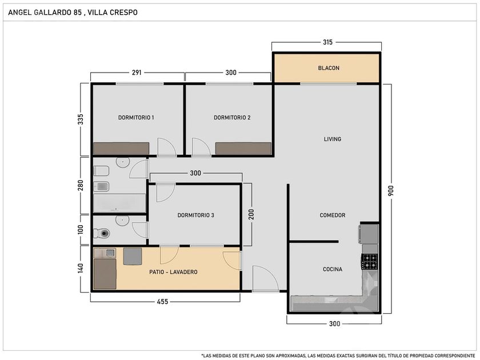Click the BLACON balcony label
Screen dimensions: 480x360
click(329, 68)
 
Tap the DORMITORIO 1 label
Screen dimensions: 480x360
click(136, 118)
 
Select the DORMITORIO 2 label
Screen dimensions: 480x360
click(232, 118)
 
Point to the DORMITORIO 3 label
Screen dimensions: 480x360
click(195, 215)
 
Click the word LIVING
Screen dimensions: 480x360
click(333, 139)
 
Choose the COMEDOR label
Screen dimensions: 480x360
click(333, 215)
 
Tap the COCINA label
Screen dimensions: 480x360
click(333, 269)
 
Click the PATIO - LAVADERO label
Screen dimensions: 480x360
click(173, 272)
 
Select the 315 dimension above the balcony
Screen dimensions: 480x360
click(327, 42)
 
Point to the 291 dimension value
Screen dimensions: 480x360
click(137, 73)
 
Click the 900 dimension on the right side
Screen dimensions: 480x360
click(391, 190)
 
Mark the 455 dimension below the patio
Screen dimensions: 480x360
click(162, 302)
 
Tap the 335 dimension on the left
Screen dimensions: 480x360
click(81, 119)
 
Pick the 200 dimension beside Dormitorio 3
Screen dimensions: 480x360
click(251, 214)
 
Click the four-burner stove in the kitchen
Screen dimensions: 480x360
click(370, 262)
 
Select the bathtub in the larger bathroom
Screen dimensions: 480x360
click(119, 203)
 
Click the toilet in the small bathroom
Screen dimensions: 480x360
click(102, 233)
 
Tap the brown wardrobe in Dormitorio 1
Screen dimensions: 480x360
click(121, 149)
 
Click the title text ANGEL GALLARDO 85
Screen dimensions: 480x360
click(45, 13)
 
